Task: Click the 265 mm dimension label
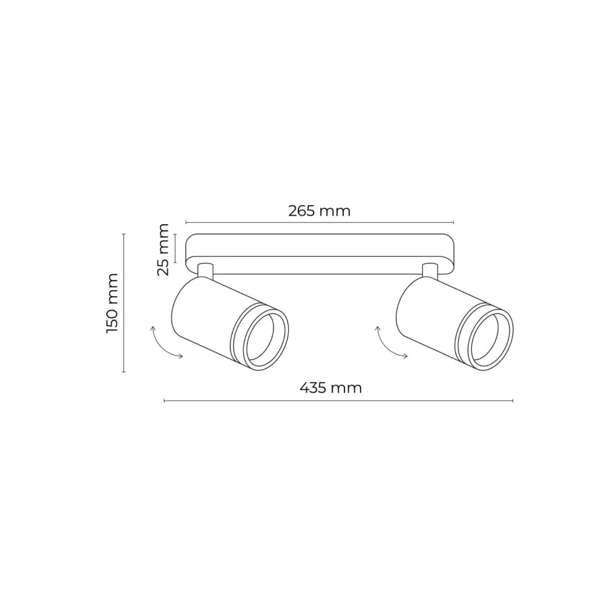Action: (320, 211)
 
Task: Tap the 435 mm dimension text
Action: (331, 388)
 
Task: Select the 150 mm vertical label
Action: (112, 302)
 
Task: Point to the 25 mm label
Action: (164, 249)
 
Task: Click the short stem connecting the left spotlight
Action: (206, 271)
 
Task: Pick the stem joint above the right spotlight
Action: (429, 271)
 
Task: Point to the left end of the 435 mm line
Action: (165, 401)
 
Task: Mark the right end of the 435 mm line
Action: (512, 401)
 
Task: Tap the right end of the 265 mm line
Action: (453, 223)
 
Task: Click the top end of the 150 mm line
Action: (124, 235)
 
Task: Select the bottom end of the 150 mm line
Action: (124, 371)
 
